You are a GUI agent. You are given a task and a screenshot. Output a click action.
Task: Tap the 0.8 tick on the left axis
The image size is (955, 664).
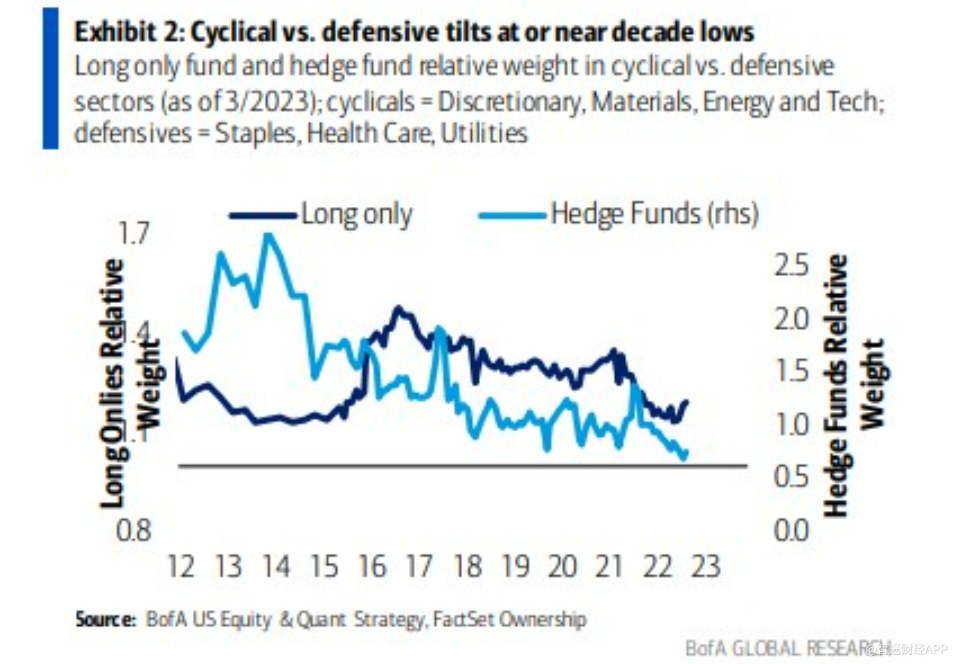(136, 530)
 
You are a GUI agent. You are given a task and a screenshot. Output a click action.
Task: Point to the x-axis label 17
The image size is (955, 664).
(419, 566)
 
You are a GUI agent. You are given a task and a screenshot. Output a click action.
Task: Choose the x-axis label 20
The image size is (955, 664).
(563, 566)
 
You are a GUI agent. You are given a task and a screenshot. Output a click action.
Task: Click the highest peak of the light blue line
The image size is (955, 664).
(268, 235)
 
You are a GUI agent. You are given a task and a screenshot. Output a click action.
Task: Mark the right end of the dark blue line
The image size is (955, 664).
(686, 401)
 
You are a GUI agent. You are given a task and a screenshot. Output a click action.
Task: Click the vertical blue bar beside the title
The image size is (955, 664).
(50, 78)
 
